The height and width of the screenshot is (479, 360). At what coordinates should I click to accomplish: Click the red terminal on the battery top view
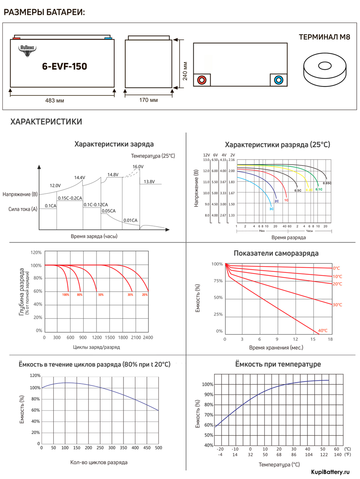[202, 80]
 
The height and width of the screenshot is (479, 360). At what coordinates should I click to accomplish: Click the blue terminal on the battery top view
[279, 80]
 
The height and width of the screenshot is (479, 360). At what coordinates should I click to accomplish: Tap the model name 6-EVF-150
[64, 66]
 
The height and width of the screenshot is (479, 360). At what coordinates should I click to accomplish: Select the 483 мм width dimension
[55, 100]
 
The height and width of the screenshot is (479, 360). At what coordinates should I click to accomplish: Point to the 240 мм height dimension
[185, 71]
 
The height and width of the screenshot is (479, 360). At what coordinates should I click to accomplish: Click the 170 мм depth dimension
[148, 100]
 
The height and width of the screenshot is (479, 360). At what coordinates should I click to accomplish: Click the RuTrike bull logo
[27, 50]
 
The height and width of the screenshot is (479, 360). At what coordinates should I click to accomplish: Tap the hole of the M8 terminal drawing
[325, 66]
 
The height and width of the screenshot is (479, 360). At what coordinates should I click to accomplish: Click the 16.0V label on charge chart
[138, 167]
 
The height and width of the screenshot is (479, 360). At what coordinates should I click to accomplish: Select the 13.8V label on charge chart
[149, 182]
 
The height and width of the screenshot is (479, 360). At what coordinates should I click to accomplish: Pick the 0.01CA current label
[130, 220]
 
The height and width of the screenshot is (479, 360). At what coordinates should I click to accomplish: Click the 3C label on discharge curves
[271, 209]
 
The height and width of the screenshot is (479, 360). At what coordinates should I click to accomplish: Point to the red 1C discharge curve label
[286, 200]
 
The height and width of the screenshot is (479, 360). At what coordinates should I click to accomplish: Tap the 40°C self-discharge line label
[323, 331]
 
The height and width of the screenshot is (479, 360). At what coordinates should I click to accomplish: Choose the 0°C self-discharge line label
[336, 268]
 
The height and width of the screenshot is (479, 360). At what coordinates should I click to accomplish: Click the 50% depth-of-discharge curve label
[101, 295]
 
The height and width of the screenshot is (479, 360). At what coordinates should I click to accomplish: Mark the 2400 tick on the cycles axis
[148, 337]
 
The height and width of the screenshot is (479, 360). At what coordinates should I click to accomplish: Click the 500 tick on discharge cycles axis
[158, 448]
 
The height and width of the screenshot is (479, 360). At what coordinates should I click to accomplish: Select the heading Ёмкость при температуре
[278, 364]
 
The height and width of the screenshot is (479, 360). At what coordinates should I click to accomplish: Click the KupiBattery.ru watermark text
[330, 472]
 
